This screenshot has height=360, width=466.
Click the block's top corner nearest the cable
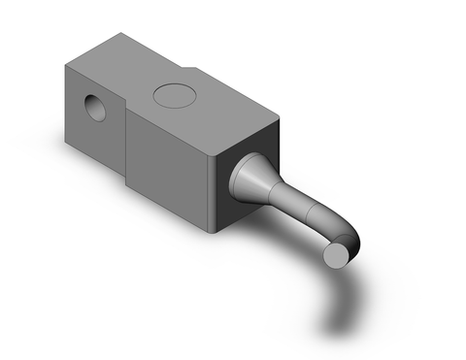(280, 115)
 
